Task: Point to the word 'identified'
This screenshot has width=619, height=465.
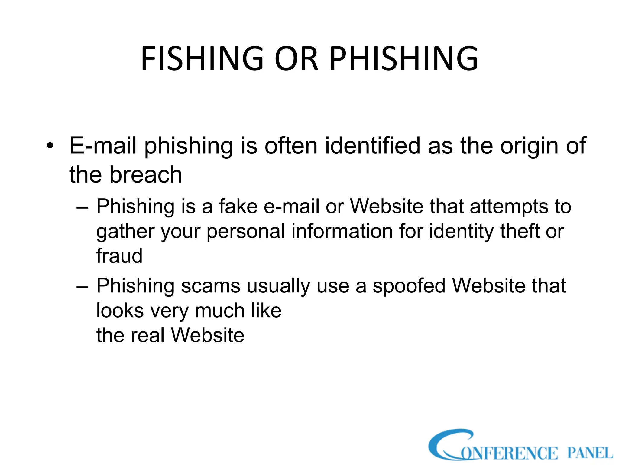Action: coord(373,146)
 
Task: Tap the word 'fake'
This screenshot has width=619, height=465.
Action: coord(238,206)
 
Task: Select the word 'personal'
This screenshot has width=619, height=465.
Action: coord(246,232)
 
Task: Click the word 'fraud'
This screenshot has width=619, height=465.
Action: coord(119,256)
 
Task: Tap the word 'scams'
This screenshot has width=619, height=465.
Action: coord(210,286)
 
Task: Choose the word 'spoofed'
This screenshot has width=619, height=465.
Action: coord(409,286)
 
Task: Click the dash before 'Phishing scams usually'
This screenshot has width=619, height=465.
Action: coord(83,286)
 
